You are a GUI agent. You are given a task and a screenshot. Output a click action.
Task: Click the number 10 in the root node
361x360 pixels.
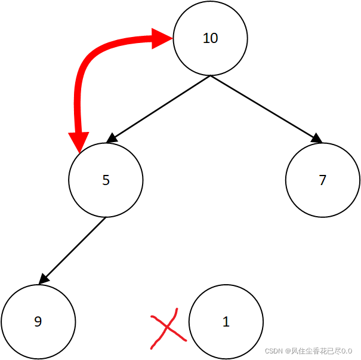tap(210, 39)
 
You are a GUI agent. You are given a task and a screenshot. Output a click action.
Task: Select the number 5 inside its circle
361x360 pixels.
tap(106, 180)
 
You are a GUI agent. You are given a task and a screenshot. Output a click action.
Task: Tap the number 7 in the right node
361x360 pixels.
tap(323, 180)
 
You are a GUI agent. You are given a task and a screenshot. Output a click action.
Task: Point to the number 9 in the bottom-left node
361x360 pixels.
tap(38, 322)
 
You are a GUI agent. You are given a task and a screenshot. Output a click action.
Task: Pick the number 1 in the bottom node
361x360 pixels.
tap(226, 322)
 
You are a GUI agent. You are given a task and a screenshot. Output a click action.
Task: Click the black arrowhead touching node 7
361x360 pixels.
tap(316, 139)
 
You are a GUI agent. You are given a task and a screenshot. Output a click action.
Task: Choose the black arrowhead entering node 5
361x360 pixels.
tap(111, 139)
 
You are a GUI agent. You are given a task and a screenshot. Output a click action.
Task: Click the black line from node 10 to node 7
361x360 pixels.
tap(263, 107)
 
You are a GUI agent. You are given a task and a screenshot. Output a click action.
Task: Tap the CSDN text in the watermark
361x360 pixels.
tap(273, 351)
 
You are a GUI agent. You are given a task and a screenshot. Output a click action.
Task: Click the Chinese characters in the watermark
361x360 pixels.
tap(316, 351)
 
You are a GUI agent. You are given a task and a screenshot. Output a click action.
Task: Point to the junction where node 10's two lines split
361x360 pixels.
tap(210, 76)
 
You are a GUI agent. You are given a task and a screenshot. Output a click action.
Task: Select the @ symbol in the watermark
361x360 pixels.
tap(287, 351)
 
